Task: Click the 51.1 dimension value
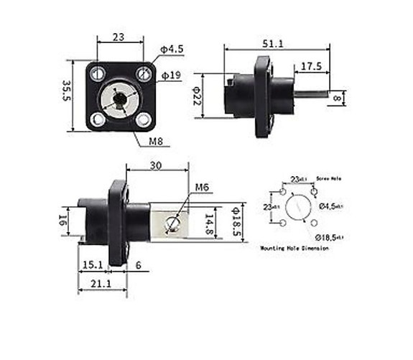click(272, 44)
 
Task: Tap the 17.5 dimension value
click(310, 66)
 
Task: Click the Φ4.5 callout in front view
click(173, 49)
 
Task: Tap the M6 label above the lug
click(202, 187)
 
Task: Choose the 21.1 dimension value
click(101, 284)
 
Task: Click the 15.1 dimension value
click(91, 264)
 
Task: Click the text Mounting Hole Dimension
click(294, 247)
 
